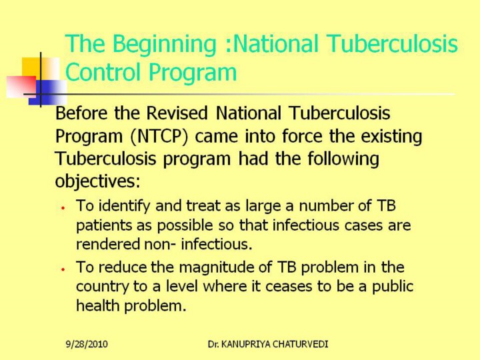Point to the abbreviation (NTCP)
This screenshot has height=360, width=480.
[x=159, y=136]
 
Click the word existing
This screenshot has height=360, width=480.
[x=391, y=136]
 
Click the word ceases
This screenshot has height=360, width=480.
[x=289, y=287]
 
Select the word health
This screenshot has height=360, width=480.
[x=97, y=305]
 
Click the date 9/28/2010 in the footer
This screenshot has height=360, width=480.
[x=87, y=344]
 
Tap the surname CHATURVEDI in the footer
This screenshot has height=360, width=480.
[x=300, y=344]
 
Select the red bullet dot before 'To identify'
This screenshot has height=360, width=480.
[x=63, y=208]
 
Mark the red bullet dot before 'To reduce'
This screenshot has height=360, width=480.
[x=63, y=269]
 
